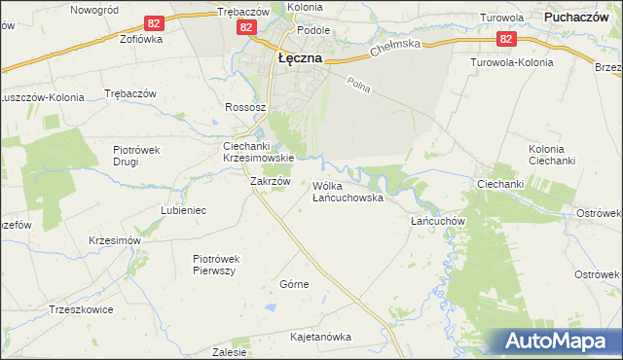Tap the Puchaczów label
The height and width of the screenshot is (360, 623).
tap(582, 17)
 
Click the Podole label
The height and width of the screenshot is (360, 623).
tap(313, 30)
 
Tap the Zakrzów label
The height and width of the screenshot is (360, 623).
tap(271, 181)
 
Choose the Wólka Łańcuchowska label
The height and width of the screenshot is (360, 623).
tap(348, 191)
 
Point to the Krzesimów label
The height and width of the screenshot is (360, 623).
tap(115, 240)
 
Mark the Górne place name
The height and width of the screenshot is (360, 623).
tap(294, 284)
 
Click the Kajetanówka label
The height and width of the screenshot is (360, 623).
tap(320, 337)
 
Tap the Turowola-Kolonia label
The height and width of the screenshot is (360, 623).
tap(511, 62)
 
